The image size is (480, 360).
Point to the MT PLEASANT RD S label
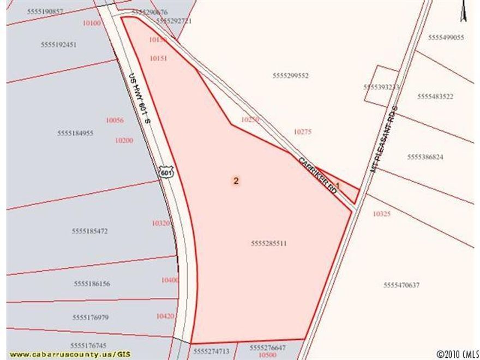click(385, 139)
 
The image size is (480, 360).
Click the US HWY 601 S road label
click(140, 98)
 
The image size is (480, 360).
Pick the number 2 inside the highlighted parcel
click(236, 181)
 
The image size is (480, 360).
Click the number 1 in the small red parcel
click(338, 185)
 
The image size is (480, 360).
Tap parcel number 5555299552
click(290, 76)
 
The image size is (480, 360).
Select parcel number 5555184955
click(75, 133)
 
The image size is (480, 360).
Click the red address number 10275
click(303, 131)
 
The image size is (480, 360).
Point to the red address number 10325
click(382, 214)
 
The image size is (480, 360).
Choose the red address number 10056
click(115, 121)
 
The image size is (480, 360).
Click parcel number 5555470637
click(401, 285)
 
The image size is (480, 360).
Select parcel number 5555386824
click(425, 157)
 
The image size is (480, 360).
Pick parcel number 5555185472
click(89, 231)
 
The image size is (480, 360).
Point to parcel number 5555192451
click(58, 45)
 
